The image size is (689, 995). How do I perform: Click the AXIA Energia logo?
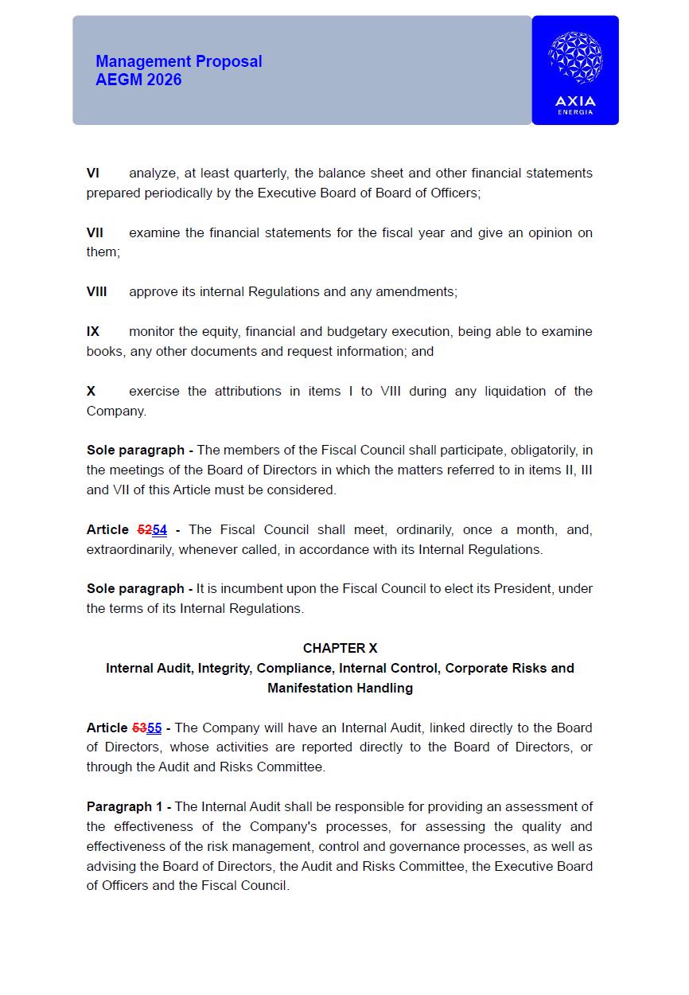click(574, 70)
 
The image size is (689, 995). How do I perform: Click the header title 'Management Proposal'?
click(178, 61)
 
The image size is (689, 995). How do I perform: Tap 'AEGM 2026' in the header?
click(138, 80)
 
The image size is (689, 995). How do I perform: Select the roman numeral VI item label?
click(93, 173)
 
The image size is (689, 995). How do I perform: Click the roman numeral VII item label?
click(95, 232)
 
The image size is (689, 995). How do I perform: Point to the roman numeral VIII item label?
click(97, 291)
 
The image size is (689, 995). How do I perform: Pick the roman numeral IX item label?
click(93, 331)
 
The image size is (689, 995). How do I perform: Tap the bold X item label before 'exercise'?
click(91, 391)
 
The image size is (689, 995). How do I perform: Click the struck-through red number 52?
click(145, 529)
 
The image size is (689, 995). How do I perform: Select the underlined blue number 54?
click(160, 529)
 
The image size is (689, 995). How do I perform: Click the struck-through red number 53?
click(139, 728)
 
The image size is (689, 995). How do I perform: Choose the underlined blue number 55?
click(154, 728)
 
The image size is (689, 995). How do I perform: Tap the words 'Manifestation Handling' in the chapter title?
click(340, 688)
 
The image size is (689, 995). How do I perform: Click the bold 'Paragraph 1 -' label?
click(129, 806)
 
